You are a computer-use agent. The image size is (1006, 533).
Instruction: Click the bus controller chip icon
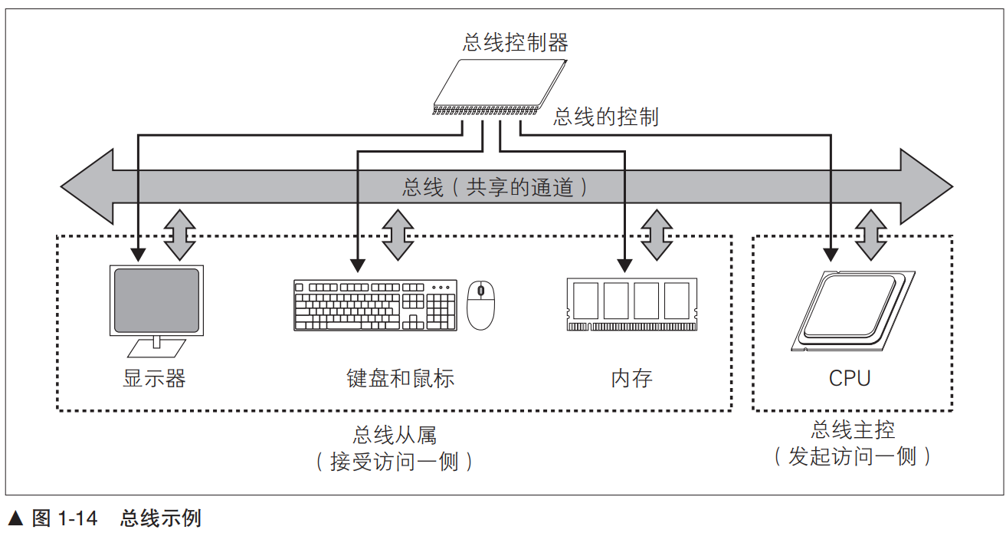pos(500,87)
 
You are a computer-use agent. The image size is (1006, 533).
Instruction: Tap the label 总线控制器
pos(516,42)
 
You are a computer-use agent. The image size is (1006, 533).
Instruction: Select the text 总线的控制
pos(606,117)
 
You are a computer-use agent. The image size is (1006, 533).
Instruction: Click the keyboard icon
pos(375,305)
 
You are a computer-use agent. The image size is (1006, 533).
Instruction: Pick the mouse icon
pos(481,304)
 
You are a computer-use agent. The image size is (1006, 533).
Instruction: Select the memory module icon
pos(631,304)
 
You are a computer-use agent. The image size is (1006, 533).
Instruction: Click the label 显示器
pos(154,378)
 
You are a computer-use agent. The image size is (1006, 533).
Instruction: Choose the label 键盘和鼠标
pos(400,378)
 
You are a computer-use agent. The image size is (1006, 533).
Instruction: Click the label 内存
pos(631,378)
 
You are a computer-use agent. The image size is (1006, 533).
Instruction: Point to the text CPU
pos(850,378)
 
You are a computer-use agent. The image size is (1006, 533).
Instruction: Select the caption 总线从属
pos(394,436)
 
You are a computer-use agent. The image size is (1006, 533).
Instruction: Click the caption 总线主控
pos(853,429)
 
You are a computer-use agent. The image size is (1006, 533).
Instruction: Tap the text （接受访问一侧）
pos(394,462)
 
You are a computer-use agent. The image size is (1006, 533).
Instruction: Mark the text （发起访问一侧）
pos(853,457)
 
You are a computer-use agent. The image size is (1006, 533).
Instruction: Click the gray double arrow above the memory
pos(657,235)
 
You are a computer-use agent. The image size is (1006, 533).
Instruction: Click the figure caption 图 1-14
pos(64,519)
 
